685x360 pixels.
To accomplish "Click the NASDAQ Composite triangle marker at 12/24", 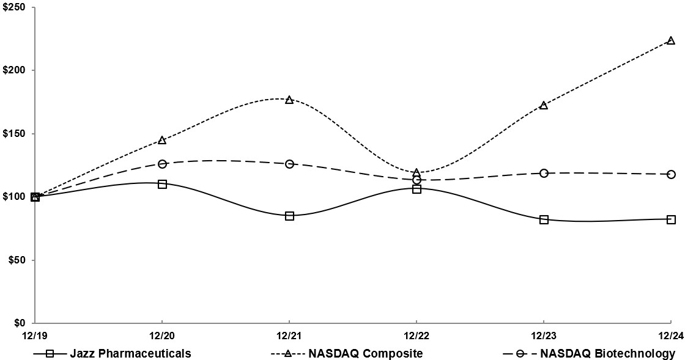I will [x=671, y=40].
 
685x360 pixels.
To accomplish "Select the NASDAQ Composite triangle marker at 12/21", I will [x=289, y=100].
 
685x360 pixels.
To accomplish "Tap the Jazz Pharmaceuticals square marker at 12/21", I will [x=289, y=216].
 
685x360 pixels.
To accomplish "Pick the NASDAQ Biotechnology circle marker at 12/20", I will [x=162, y=164].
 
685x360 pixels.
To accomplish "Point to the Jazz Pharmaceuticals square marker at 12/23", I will [x=544, y=219].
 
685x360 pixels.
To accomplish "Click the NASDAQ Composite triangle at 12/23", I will [x=544, y=105].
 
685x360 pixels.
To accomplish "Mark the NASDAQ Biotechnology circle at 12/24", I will [x=671, y=174].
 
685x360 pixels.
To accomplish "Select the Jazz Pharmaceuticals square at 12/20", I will [x=162, y=184].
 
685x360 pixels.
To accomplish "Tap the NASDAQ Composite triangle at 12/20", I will [x=162, y=140].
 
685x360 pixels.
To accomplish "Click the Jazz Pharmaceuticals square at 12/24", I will [x=671, y=219].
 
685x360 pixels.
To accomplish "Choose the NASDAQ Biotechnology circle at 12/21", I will [x=289, y=164].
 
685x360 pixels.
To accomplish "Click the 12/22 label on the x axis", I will [x=417, y=336].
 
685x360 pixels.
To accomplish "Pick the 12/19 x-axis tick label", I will [x=35, y=336].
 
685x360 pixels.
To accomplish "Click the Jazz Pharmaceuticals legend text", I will [x=130, y=353].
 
